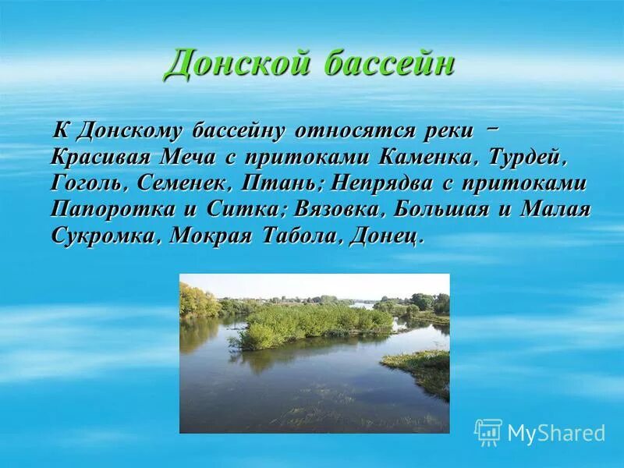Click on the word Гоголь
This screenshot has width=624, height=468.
pyautogui.click(x=88, y=184)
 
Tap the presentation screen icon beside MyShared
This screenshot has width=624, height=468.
pyautogui.click(x=488, y=432)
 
